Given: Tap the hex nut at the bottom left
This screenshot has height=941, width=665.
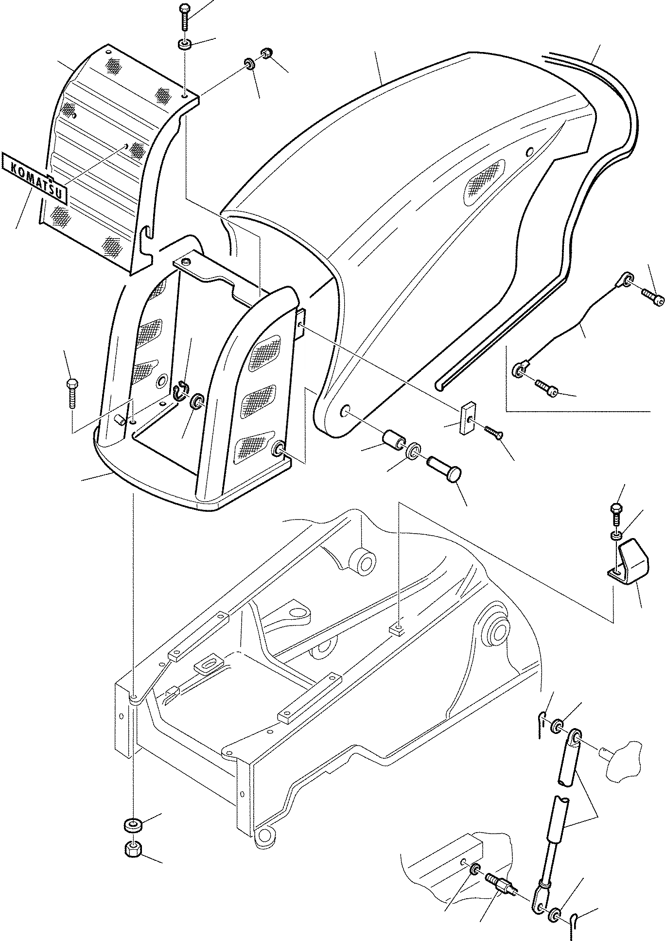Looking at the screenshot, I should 131,509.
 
